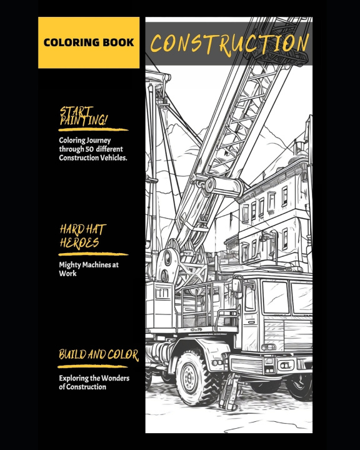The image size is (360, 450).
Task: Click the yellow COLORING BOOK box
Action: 89,42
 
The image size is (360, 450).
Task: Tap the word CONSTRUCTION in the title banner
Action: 229,44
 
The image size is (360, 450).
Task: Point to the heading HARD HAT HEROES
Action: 83,236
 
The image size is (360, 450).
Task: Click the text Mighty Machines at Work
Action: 89,269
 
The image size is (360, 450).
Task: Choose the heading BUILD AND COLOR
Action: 99,355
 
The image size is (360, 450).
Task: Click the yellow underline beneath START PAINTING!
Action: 93,130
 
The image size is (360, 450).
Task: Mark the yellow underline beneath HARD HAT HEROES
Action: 93,254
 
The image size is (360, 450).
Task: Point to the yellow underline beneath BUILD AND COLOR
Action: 92,366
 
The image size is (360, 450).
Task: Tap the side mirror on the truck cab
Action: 237,284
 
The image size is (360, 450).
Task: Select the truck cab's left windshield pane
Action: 275,297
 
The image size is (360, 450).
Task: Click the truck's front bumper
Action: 270,365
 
